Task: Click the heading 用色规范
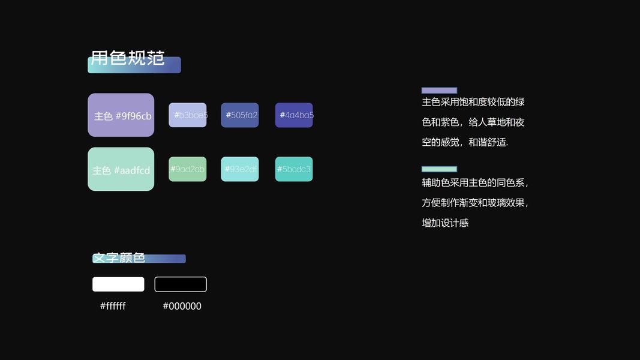[x=128, y=58]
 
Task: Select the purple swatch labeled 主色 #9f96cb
[x=121, y=115]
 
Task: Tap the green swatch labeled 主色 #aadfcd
[x=121, y=169]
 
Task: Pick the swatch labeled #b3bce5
[x=188, y=115]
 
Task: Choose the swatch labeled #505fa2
[x=240, y=115]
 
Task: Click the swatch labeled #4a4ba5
[x=294, y=115]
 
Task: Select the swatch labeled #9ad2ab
[x=188, y=169]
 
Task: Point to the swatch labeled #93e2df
[x=240, y=169]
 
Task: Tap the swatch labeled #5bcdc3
[x=294, y=169]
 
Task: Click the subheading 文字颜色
[x=119, y=258]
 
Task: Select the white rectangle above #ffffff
[x=118, y=284]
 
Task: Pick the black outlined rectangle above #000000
[x=181, y=284]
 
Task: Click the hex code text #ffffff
[x=113, y=306]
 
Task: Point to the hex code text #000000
[x=182, y=306]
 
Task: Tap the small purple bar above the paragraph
[x=439, y=91]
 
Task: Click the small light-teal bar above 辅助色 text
[x=439, y=169]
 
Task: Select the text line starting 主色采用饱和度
[x=473, y=102]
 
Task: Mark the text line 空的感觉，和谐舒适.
[x=465, y=142]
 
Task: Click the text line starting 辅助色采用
[x=475, y=182]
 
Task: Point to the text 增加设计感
[x=445, y=223]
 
